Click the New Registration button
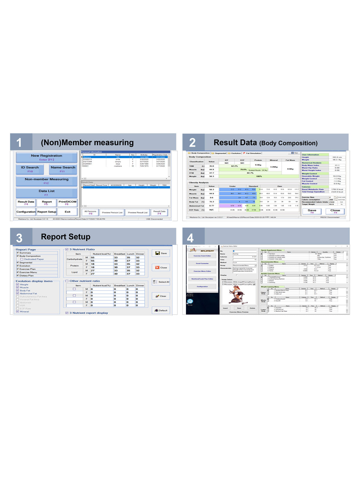coord(46,157)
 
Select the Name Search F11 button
coord(63,169)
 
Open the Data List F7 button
coord(46,193)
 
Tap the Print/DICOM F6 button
coord(67,203)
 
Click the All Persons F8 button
coord(90,212)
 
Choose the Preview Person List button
coord(112,212)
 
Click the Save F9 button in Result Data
coord(312,211)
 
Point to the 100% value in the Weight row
coord(259,176)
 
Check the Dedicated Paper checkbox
coord(22,259)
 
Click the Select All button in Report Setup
coord(161,282)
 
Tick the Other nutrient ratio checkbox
coord(67,281)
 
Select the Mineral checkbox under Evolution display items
coord(18,311)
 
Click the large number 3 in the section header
coord(19,238)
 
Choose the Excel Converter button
coord(202,263)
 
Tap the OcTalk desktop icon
coord(190,301)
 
